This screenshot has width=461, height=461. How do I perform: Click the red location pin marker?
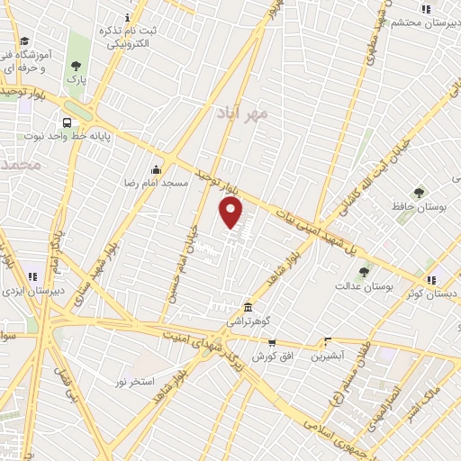[x=231, y=212]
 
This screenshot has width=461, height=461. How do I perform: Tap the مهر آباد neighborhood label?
[x=243, y=115]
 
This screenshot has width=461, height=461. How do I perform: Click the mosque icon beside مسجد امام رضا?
[x=157, y=168]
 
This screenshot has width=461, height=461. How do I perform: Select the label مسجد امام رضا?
[x=157, y=183]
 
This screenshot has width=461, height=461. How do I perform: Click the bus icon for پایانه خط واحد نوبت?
[x=67, y=123]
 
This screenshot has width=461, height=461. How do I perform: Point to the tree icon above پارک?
[x=77, y=65]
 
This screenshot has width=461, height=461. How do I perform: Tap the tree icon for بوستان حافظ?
[x=419, y=193]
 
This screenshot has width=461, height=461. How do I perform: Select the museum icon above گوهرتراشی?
[x=249, y=308]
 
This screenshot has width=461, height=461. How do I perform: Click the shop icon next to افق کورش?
[x=272, y=343]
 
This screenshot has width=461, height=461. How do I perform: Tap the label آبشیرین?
[x=328, y=357]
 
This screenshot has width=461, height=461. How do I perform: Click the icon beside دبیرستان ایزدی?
[x=32, y=277]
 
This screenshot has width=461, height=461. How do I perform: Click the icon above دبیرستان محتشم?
[x=426, y=9]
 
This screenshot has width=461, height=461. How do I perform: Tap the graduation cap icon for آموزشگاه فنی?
[x=24, y=41]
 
